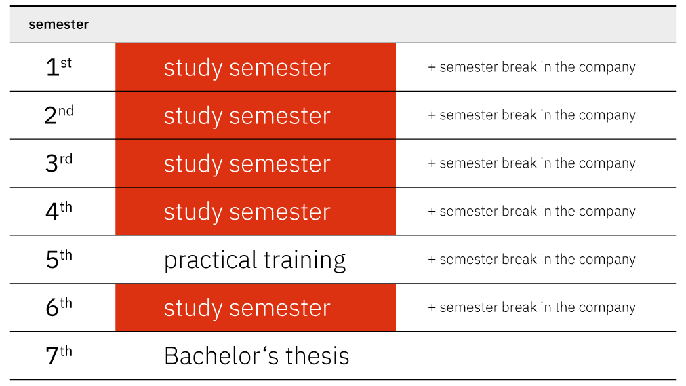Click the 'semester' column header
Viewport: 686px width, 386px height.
point(58,24)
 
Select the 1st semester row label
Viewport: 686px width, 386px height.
point(58,67)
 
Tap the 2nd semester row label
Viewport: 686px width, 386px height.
point(58,115)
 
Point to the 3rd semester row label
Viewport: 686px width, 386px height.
point(58,163)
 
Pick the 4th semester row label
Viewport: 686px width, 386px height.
point(58,212)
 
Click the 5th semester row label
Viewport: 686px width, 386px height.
point(58,260)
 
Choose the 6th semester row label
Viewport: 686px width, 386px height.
point(58,308)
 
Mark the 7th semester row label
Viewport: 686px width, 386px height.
point(58,355)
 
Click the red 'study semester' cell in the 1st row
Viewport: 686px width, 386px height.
point(256,67)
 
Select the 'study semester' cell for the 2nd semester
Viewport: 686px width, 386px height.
point(256,115)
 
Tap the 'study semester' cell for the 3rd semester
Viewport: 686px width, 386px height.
point(256,163)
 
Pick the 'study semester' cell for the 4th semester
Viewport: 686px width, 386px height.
point(256,212)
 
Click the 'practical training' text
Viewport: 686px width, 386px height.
point(255,260)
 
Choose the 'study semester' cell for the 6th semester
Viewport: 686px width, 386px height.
point(256,308)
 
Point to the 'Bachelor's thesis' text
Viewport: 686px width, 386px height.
point(256,355)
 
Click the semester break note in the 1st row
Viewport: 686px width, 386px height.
point(531,67)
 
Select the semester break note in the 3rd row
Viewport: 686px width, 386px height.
point(531,163)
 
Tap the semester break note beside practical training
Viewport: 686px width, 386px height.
point(531,260)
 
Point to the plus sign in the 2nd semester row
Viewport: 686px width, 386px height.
point(432,115)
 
